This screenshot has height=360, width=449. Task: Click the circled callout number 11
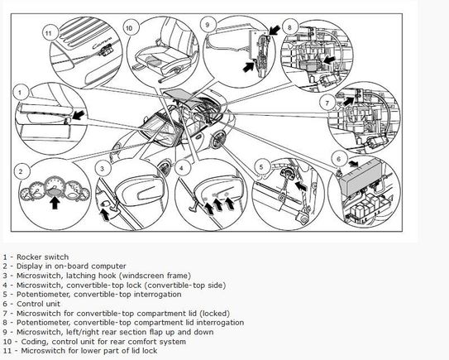49,33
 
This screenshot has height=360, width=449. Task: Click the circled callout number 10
129,28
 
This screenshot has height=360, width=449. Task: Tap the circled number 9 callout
208,25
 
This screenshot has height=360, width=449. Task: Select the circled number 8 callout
289,27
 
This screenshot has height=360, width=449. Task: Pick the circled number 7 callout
327,103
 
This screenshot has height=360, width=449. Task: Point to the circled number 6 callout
339,159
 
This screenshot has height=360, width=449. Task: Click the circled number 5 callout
261,167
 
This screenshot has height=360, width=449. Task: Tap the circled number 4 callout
181,168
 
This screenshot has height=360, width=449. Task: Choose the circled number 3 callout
103,169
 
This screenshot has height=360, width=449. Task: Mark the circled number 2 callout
21,171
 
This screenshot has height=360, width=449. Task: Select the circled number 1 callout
20,93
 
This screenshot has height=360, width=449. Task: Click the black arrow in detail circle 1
79,115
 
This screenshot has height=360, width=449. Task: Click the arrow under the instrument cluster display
55,203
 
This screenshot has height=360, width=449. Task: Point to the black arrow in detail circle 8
329,60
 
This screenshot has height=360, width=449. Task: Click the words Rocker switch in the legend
43,257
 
